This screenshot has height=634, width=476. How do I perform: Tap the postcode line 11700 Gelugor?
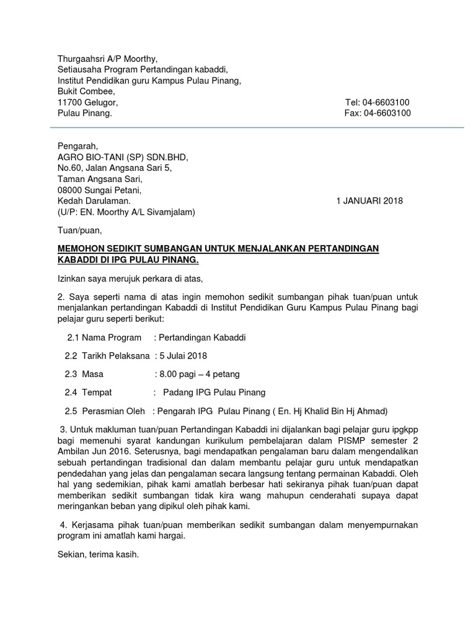[87, 102]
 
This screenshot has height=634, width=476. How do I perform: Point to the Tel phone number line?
[377, 102]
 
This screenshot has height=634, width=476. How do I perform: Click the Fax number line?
[377, 113]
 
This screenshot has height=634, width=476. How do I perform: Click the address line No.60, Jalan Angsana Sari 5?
[115, 168]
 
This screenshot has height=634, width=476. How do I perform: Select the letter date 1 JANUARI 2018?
[369, 201]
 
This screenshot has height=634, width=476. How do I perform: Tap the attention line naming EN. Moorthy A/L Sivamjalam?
[126, 212]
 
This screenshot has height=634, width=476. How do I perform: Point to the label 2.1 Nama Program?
[104, 338]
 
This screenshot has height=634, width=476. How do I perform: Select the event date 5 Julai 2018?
[183, 356]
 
